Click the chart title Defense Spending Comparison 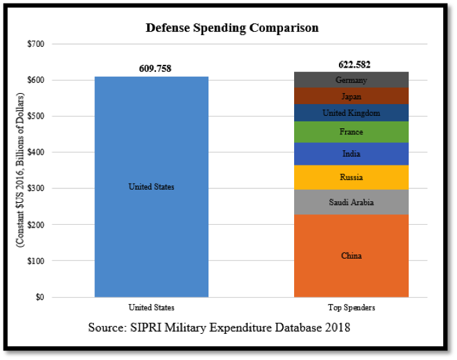pyautogui.click(x=232, y=28)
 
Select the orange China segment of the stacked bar pyautogui.click(x=351, y=256)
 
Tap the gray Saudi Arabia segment pyautogui.click(x=351, y=202)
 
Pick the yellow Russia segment pyautogui.click(x=351, y=177)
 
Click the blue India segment pyautogui.click(x=351, y=154)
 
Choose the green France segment pyautogui.click(x=351, y=132)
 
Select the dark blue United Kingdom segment pyautogui.click(x=351, y=113)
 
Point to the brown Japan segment pyautogui.click(x=351, y=97)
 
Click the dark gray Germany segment pyautogui.click(x=351, y=80)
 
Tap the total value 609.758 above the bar pyautogui.click(x=151, y=68)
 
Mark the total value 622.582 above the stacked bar pyautogui.click(x=351, y=64)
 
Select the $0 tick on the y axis pyautogui.click(x=39, y=297)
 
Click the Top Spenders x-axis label pyautogui.click(x=351, y=308)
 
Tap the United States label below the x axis pyautogui.click(x=151, y=308)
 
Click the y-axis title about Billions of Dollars pyautogui.click(x=21, y=170)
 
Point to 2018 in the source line pyautogui.click(x=337, y=328)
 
